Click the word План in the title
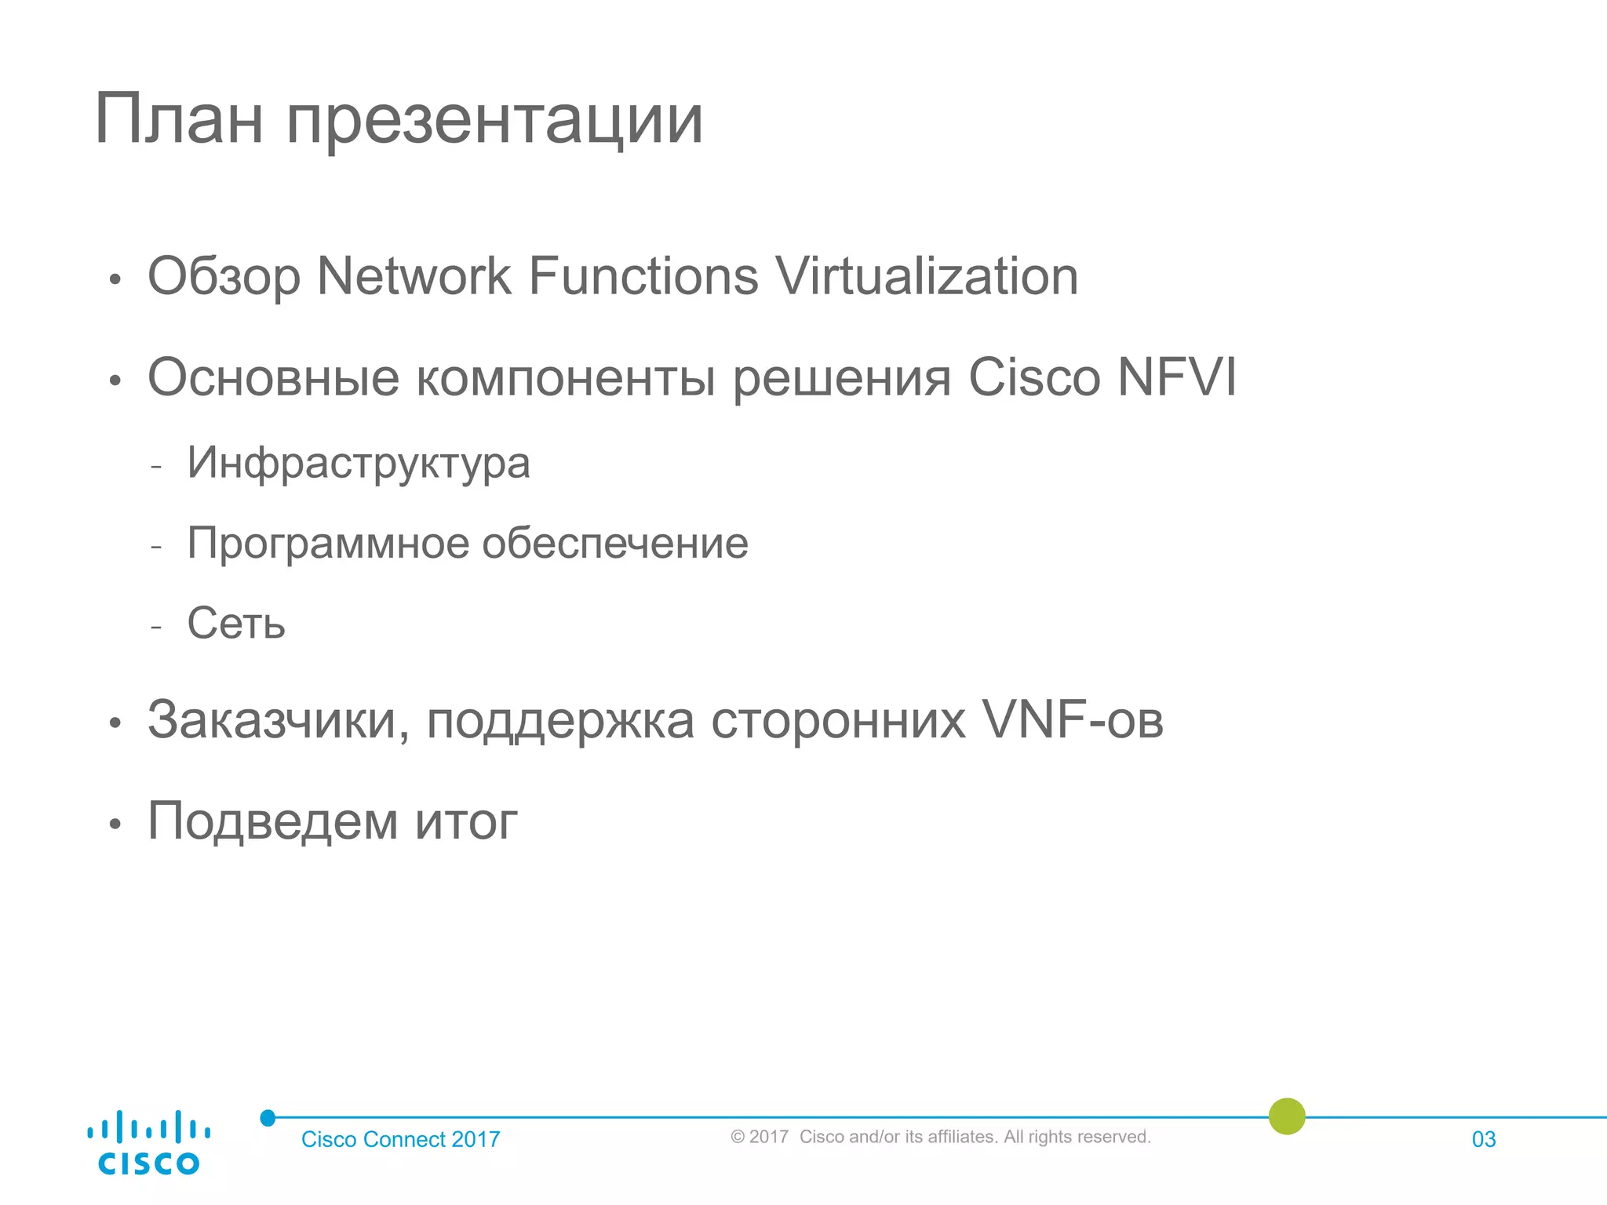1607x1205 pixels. [x=178, y=119]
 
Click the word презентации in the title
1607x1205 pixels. [x=494, y=122]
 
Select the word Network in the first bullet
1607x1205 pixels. [x=414, y=276]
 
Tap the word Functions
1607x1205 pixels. [x=643, y=276]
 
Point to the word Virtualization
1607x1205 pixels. [x=926, y=276]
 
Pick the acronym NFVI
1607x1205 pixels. [x=1176, y=377]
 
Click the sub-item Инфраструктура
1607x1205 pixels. [x=359, y=463]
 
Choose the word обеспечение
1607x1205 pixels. [x=615, y=543]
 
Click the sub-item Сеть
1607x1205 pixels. [x=236, y=623]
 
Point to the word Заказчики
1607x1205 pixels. [x=279, y=720]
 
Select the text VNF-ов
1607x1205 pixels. [x=1073, y=719]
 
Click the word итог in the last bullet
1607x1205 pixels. [x=466, y=821]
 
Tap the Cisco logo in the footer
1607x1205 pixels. [x=148, y=1142]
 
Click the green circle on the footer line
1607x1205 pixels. [x=1287, y=1116]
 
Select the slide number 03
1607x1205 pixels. [x=1484, y=1139]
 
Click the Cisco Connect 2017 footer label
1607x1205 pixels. [x=400, y=1139]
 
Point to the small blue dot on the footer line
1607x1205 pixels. [x=268, y=1118]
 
